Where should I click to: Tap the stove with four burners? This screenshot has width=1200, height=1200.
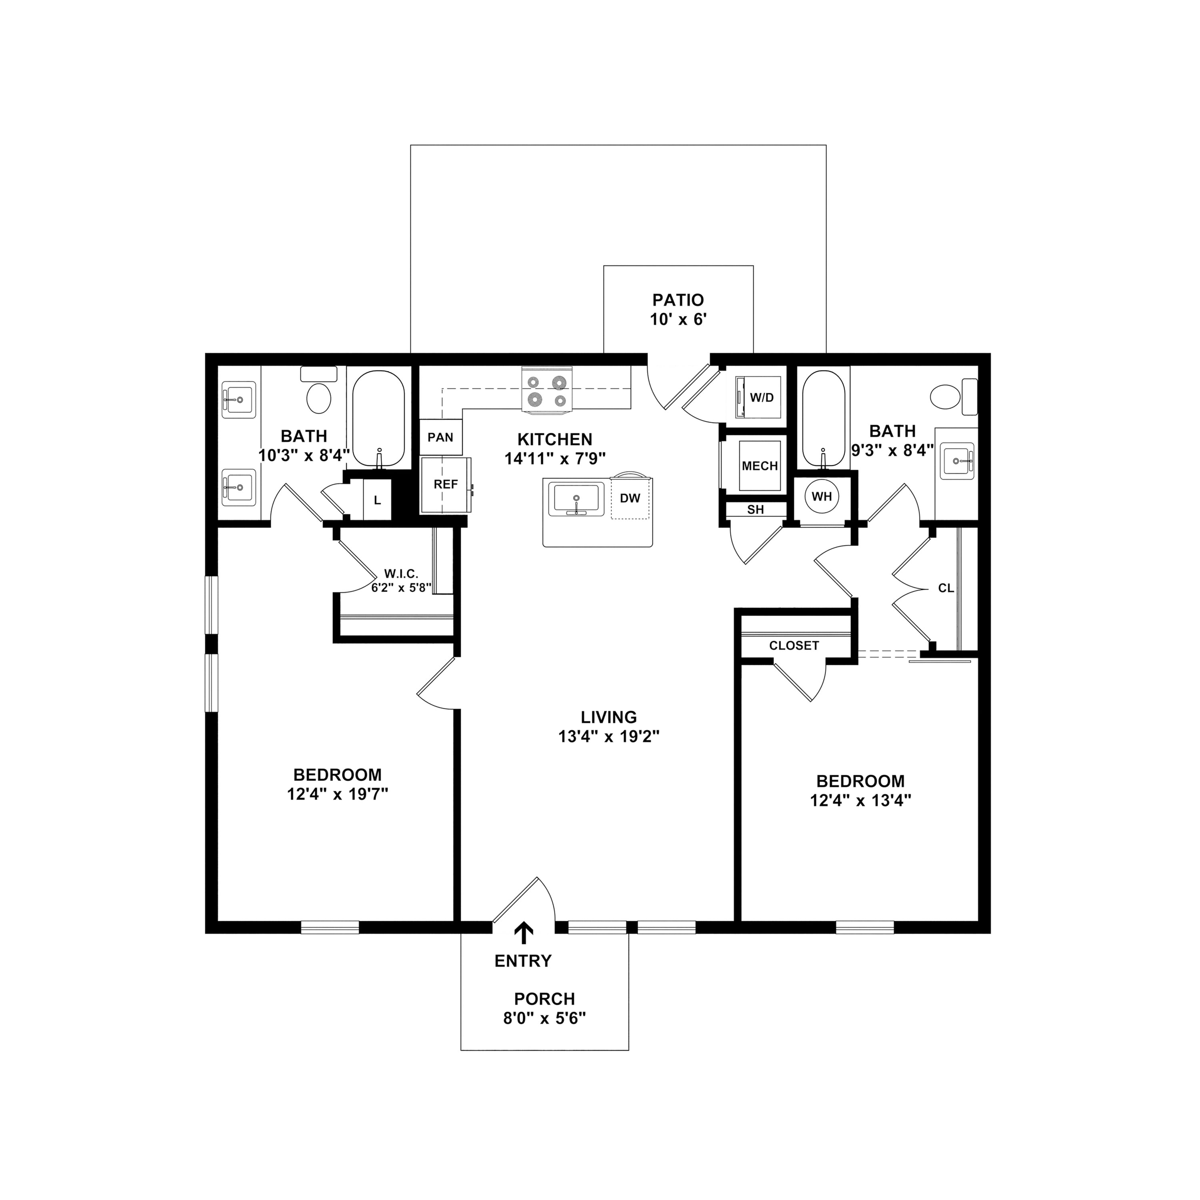pyautogui.click(x=546, y=390)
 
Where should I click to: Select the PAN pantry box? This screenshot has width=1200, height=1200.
pyautogui.click(x=440, y=437)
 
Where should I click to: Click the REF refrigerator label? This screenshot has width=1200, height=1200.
pyautogui.click(x=445, y=484)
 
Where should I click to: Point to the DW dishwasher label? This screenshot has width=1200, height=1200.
pyautogui.click(x=630, y=498)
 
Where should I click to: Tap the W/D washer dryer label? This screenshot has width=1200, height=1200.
pyautogui.click(x=762, y=398)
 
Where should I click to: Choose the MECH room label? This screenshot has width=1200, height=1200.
pyautogui.click(x=760, y=466)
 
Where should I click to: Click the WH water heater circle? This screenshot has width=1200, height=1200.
pyautogui.click(x=822, y=496)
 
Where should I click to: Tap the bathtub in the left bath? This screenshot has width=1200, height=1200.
pyautogui.click(x=378, y=419)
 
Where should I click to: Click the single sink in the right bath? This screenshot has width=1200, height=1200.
pyautogui.click(x=957, y=461)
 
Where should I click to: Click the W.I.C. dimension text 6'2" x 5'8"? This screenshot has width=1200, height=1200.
pyautogui.click(x=401, y=588)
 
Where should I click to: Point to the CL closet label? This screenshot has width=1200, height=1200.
pyautogui.click(x=945, y=588)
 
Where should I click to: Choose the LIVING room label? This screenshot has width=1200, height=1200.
pyautogui.click(x=609, y=717)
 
